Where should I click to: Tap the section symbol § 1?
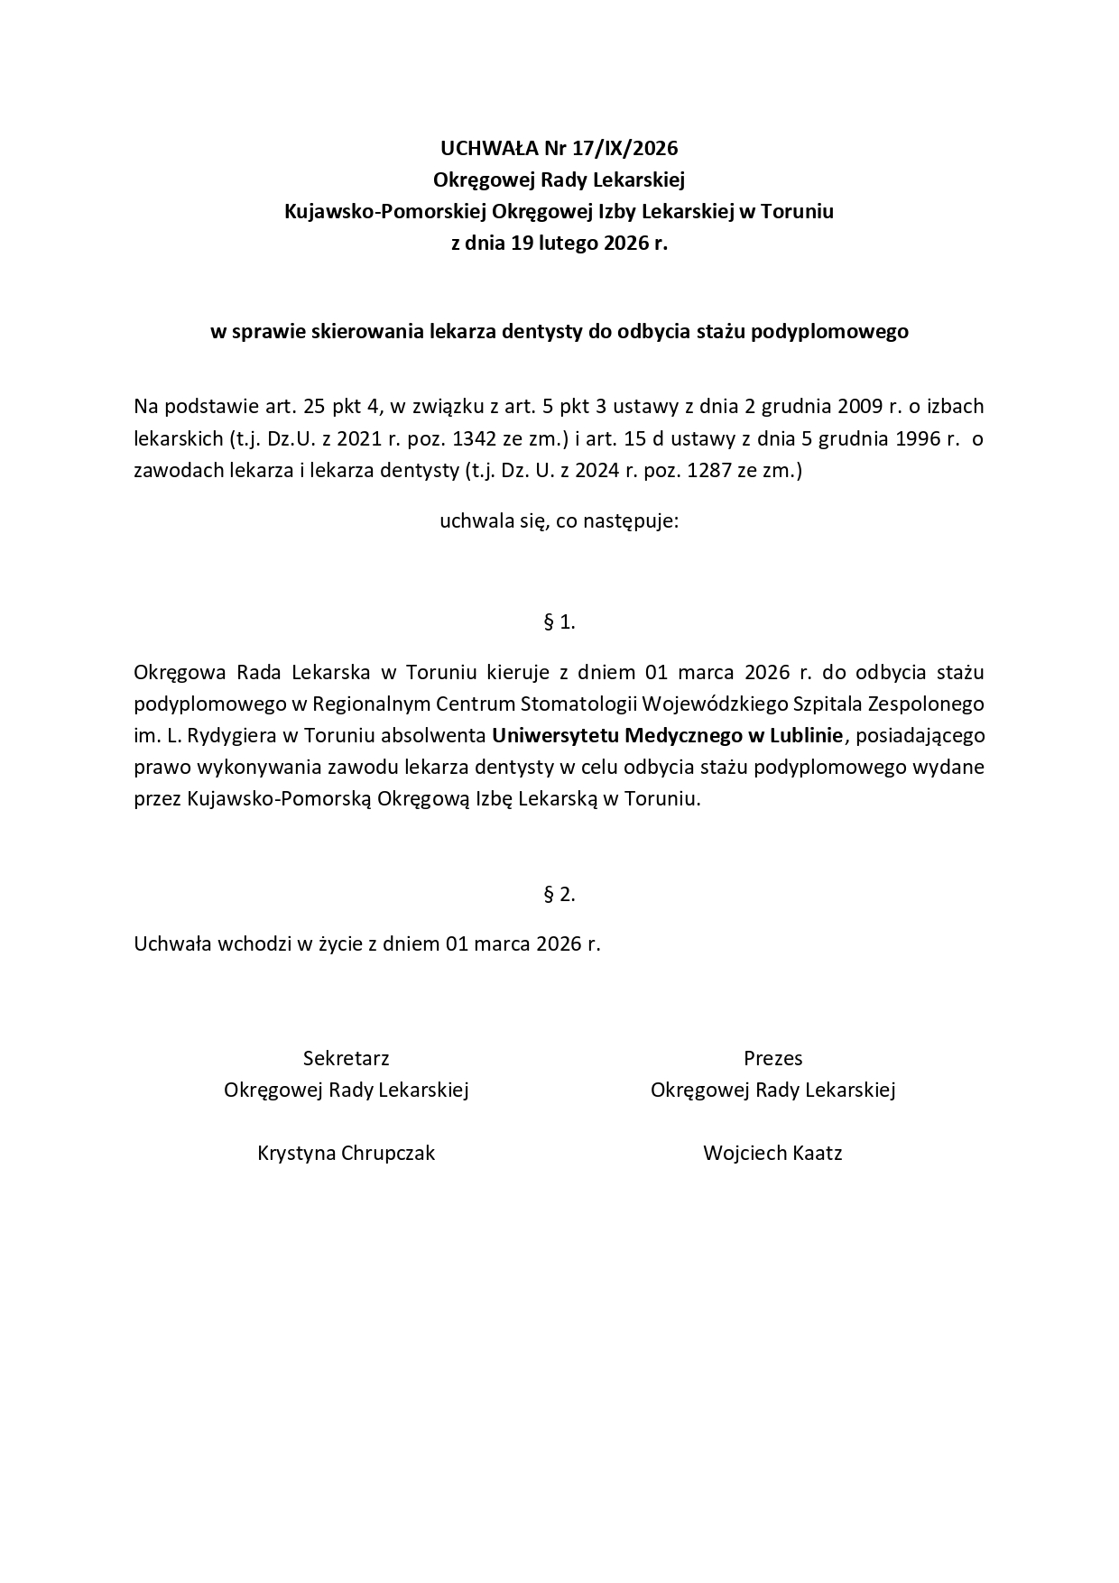(559, 621)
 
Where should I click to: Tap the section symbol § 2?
(559, 894)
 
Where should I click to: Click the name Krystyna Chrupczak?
(347, 1153)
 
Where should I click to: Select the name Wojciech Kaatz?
(772, 1153)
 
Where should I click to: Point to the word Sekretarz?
(347, 1058)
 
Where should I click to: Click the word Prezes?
(772, 1058)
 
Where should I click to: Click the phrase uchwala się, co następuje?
(559, 521)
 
